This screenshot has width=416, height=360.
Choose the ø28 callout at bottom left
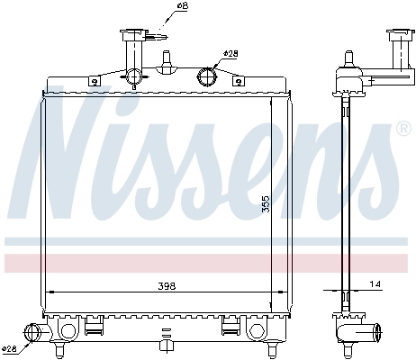point(10,348)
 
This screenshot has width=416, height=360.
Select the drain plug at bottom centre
point(165,344)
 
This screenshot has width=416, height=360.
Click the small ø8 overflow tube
point(158,37)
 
